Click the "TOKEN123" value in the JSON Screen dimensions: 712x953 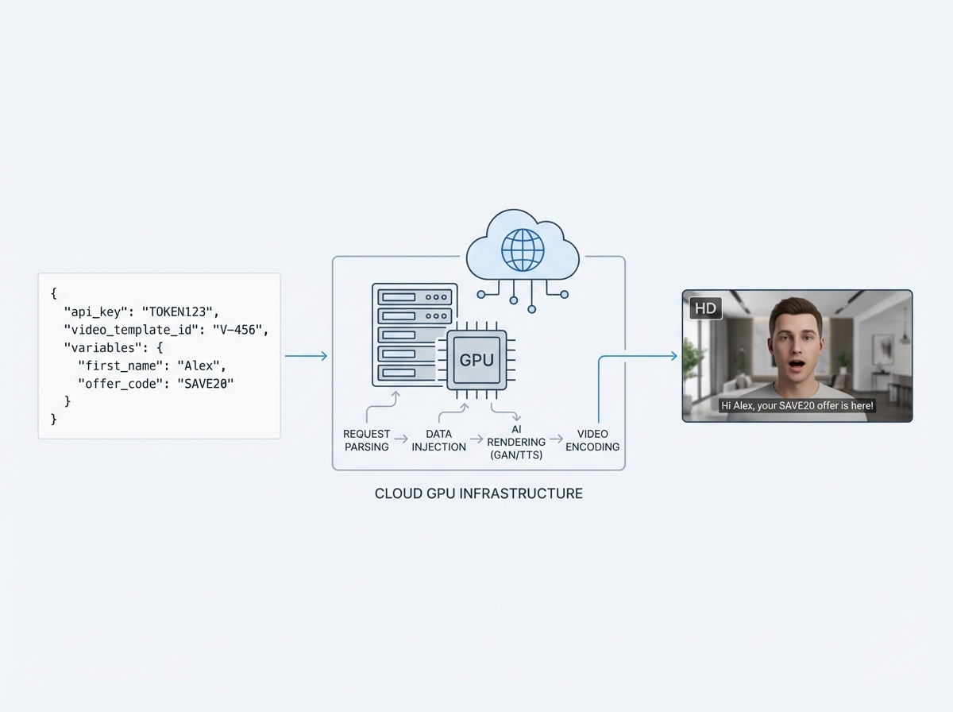tap(179, 311)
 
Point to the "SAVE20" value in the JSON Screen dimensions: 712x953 tap(206, 384)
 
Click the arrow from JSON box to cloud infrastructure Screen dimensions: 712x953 tap(306, 356)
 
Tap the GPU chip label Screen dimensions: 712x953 tap(476, 359)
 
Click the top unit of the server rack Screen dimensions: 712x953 tap(415, 296)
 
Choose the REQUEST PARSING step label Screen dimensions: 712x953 tap(367, 440)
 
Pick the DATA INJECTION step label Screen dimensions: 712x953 tap(438, 440)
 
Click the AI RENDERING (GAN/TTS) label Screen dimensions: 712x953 tap(516, 442)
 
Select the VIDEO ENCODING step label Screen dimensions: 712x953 tap(592, 440)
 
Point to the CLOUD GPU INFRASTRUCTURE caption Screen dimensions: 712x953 tap(478, 493)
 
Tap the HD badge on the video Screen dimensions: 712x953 tap(705, 308)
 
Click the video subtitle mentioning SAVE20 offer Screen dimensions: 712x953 tap(797, 405)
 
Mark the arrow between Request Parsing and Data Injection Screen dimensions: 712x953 tap(401, 439)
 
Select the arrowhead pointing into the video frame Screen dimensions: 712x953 tap(674, 356)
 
